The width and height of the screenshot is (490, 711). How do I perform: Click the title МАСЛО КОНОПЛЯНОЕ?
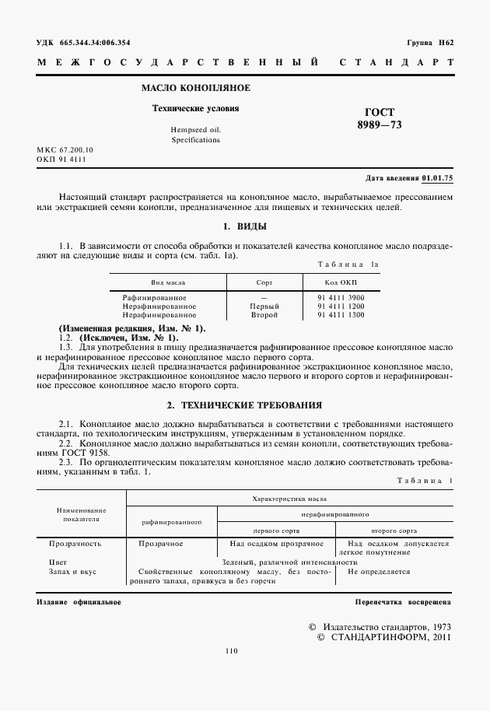[195, 89]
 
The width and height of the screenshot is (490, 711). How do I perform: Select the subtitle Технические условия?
[195, 108]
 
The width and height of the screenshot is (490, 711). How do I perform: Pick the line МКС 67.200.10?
[65, 149]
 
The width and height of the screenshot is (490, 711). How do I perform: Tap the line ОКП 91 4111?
[61, 159]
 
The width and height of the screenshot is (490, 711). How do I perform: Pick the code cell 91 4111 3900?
[341, 298]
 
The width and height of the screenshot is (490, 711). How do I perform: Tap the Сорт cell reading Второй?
[264, 315]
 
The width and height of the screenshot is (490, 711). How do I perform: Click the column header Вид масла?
[167, 284]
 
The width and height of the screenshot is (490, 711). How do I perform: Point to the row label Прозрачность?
[75, 544]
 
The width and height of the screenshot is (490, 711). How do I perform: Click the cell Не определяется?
[379, 571]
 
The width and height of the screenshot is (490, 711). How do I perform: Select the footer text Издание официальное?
[79, 602]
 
